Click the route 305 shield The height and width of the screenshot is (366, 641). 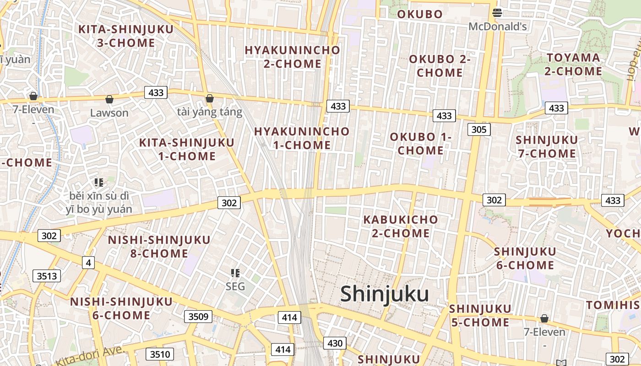click(478, 129)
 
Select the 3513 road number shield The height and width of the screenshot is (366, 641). click(47, 276)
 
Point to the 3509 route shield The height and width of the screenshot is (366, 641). click(198, 316)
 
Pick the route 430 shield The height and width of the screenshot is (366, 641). click(335, 343)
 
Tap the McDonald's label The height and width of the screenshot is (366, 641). click(497, 27)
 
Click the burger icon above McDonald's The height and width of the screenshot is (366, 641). click(497, 12)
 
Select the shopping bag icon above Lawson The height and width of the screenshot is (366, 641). click(109, 99)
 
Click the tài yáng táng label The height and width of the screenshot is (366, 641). click(209, 112)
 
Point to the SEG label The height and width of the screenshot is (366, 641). click(235, 287)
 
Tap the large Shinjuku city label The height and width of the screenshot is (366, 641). click(384, 294)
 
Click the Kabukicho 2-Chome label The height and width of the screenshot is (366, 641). click(401, 226)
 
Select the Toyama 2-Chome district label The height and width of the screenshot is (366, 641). click(573, 65)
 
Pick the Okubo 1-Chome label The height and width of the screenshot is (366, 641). click(420, 144)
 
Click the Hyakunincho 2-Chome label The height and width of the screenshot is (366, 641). click(292, 57)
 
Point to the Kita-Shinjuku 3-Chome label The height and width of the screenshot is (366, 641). click(126, 36)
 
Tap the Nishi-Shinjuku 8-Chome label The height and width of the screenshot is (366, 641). click(159, 247)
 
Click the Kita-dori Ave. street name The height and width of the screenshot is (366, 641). click(90, 356)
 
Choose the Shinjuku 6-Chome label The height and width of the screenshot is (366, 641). click(525, 258)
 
